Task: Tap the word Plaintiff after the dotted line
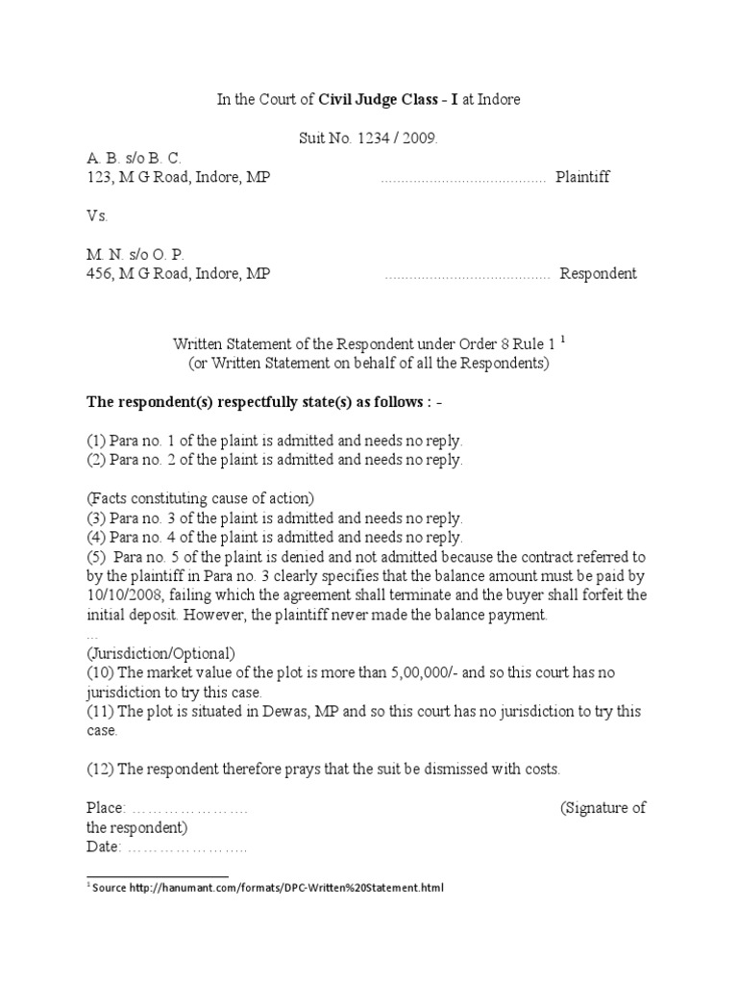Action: tap(582, 178)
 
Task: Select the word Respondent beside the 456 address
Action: tap(598, 274)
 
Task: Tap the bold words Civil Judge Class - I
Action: tap(395, 101)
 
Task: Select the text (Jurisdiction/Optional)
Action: tap(160, 653)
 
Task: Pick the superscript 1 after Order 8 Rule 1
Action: tap(563, 339)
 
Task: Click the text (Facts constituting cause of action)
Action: tap(200, 498)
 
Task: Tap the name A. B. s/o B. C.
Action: tap(134, 159)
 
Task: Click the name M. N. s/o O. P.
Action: tap(135, 255)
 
